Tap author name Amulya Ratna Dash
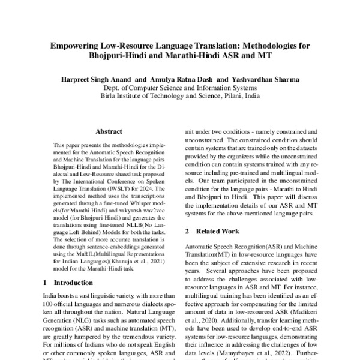(x=178, y=79)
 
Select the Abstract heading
(x=109, y=131)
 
